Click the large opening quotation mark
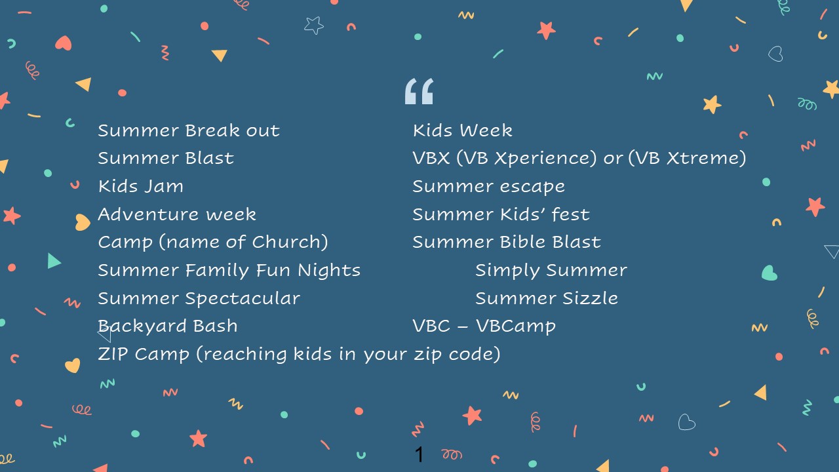(419, 91)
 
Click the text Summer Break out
(189, 130)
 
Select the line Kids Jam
(141, 186)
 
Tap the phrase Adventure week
(177, 214)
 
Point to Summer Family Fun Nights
(229, 271)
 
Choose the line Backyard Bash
(167, 326)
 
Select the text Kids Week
(463, 130)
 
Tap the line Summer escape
(489, 187)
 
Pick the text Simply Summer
(551, 271)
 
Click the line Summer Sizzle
(547, 298)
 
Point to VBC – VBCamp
(484, 326)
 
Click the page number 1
(419, 454)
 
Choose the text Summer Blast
(166, 158)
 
